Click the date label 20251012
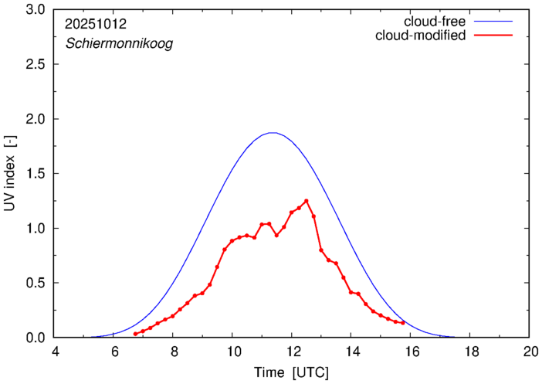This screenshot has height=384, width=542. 97,25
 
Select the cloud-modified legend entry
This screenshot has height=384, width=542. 420,36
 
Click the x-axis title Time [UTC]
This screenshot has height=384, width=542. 292,372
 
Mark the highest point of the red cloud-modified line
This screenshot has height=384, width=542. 307,201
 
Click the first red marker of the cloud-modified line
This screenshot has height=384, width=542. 135,334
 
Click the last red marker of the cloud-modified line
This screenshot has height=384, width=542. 403,323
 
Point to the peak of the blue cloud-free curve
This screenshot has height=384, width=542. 272,133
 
